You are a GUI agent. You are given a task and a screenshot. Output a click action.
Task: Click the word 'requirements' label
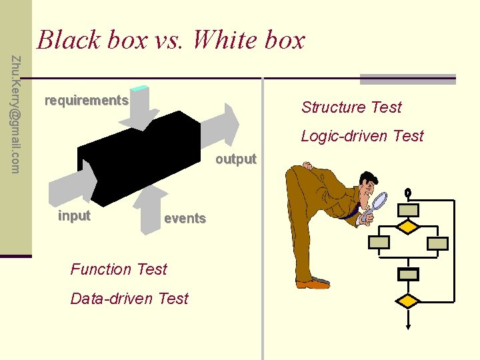click(86, 101)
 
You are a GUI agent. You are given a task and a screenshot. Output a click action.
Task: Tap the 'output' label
click(235, 159)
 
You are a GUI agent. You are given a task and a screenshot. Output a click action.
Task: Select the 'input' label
click(74, 216)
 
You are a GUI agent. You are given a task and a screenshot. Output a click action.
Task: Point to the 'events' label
click(185, 218)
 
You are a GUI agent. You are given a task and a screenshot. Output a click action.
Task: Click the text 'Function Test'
click(119, 269)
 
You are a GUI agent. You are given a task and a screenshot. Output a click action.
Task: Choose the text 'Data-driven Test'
click(129, 299)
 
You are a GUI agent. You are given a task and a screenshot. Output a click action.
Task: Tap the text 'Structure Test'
click(351, 107)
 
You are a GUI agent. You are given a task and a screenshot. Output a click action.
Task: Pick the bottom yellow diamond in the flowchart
click(408, 301)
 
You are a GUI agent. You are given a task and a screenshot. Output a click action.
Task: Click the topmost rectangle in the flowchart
click(408, 210)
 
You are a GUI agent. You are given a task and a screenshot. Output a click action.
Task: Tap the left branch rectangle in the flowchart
click(379, 243)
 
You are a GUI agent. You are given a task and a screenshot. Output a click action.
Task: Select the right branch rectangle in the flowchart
click(437, 243)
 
